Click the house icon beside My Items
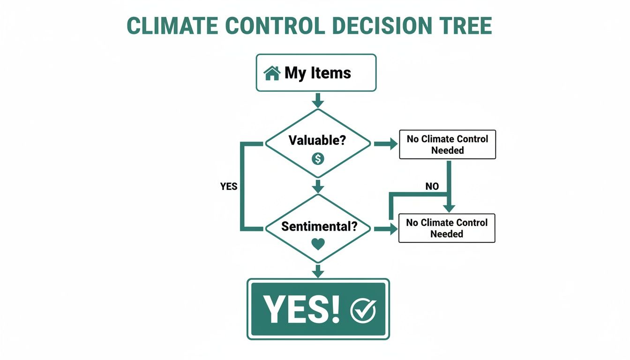(272, 73)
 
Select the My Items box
(315, 73)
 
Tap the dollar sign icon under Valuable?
(318, 159)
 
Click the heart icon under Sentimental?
(318, 244)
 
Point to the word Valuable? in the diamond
(317, 140)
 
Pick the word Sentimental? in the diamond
(319, 226)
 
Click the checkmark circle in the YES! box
(363, 310)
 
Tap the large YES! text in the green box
(301, 309)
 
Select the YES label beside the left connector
(229, 187)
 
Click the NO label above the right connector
(432, 187)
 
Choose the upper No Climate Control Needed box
(447, 145)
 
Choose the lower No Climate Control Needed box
(447, 228)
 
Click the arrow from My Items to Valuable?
(318, 100)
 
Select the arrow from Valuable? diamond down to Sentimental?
(318, 186)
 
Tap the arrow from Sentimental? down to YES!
(318, 271)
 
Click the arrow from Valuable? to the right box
(385, 144)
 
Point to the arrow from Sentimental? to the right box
(385, 229)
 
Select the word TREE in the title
(461, 26)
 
